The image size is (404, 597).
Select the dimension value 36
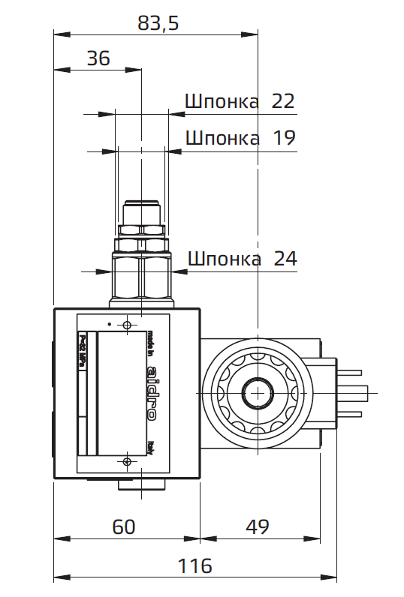(x=98, y=58)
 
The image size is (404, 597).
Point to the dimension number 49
(x=257, y=526)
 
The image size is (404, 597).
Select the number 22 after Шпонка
(x=282, y=101)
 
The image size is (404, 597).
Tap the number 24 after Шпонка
(x=285, y=259)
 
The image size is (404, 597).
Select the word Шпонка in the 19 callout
(x=222, y=139)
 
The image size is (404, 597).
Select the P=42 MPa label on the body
(x=83, y=352)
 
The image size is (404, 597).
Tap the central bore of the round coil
(x=256, y=391)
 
